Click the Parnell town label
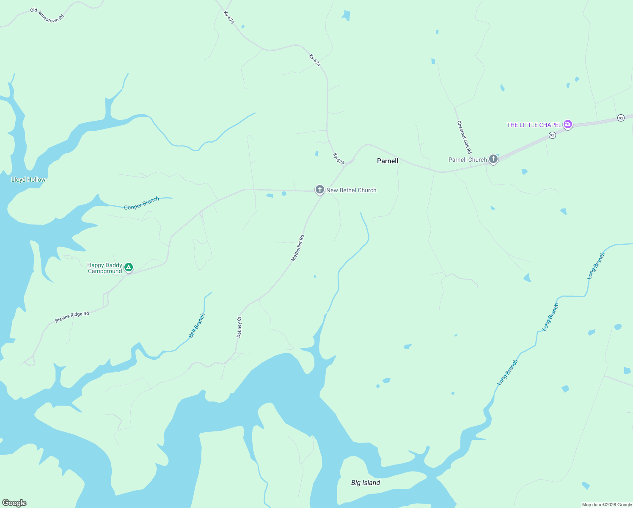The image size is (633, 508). [387, 161]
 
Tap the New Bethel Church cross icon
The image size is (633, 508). [320, 190]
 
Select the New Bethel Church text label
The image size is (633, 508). [351, 190]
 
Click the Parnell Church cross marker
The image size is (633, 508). [493, 159]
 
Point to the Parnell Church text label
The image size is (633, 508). [468, 160]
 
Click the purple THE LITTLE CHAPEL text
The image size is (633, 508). [534, 125]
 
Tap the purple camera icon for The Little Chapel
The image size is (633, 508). [568, 124]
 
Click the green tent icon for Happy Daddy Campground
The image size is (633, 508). [129, 268]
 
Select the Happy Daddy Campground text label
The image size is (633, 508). [105, 268]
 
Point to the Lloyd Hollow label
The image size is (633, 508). [28, 179]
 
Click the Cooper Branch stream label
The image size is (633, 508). [141, 203]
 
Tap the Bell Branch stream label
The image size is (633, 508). [196, 326]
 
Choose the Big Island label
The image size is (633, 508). [366, 483]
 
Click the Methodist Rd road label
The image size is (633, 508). [298, 248]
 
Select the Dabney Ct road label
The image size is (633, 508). [239, 327]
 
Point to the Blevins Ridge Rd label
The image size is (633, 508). [72, 317]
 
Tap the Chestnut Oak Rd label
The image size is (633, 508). [464, 137]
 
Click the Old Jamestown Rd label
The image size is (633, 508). [47, 15]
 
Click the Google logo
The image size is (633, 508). [14, 503]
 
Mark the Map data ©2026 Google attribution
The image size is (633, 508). [607, 505]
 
